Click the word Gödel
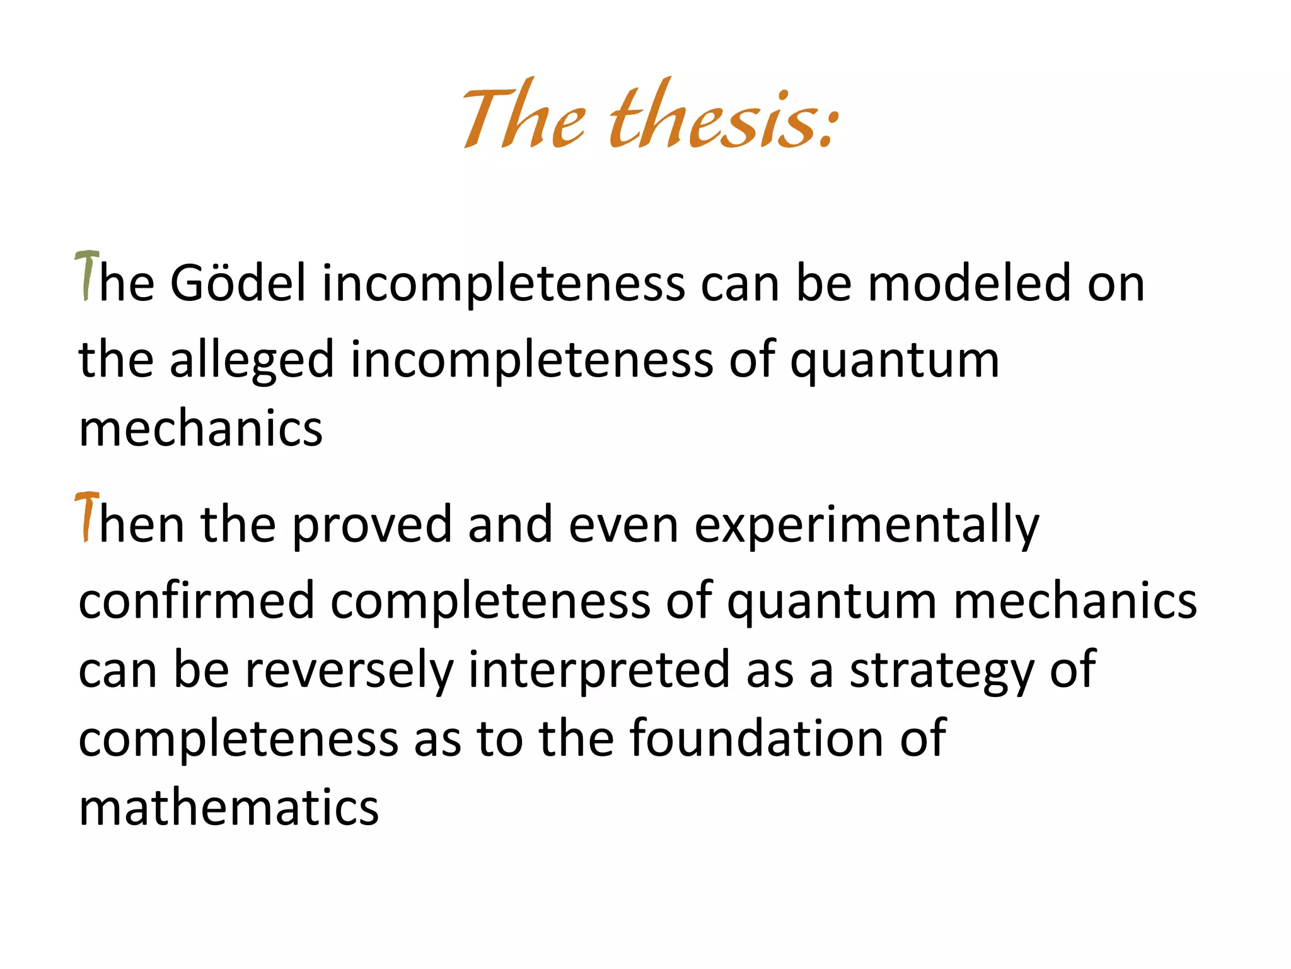click(238, 283)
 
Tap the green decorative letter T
click(87, 276)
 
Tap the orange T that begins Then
click(87, 517)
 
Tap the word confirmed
click(196, 600)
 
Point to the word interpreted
click(599, 670)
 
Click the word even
click(623, 525)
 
